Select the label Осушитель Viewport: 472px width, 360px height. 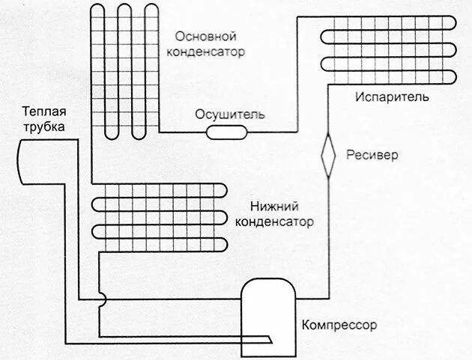(230, 115)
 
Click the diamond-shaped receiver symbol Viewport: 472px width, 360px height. (328, 156)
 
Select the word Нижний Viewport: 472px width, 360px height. (273, 206)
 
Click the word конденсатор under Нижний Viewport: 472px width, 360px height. (274, 222)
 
